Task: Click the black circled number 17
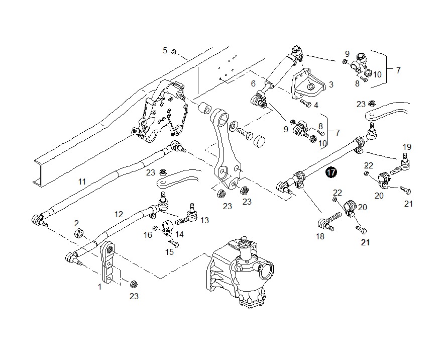(x=331, y=172)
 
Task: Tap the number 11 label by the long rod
(x=82, y=182)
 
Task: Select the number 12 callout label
(x=119, y=214)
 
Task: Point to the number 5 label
(x=165, y=51)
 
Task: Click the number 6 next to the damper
(x=253, y=83)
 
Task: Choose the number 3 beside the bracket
(x=331, y=84)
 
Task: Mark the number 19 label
(x=407, y=147)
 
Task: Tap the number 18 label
(x=320, y=236)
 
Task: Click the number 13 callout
(x=204, y=220)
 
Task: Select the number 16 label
(x=148, y=235)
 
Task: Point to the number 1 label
(x=99, y=287)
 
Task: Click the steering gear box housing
(x=241, y=273)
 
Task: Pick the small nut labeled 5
(x=174, y=52)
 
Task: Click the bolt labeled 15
(x=173, y=243)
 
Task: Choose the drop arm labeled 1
(x=108, y=262)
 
